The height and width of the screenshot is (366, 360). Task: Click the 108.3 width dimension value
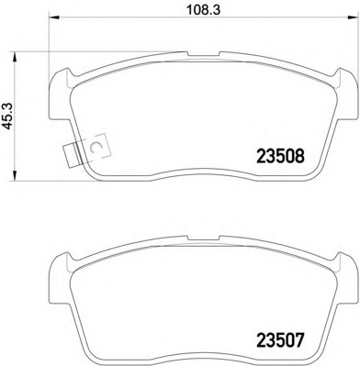204,10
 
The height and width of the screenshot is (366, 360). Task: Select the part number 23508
281,156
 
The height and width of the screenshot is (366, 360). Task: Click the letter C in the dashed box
96,147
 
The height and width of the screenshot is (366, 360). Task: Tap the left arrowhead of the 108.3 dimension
54,17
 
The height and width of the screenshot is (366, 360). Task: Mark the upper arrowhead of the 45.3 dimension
15,57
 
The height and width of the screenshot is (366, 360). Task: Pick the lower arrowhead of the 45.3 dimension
15,176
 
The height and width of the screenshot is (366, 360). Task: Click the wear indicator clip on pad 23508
73,155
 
